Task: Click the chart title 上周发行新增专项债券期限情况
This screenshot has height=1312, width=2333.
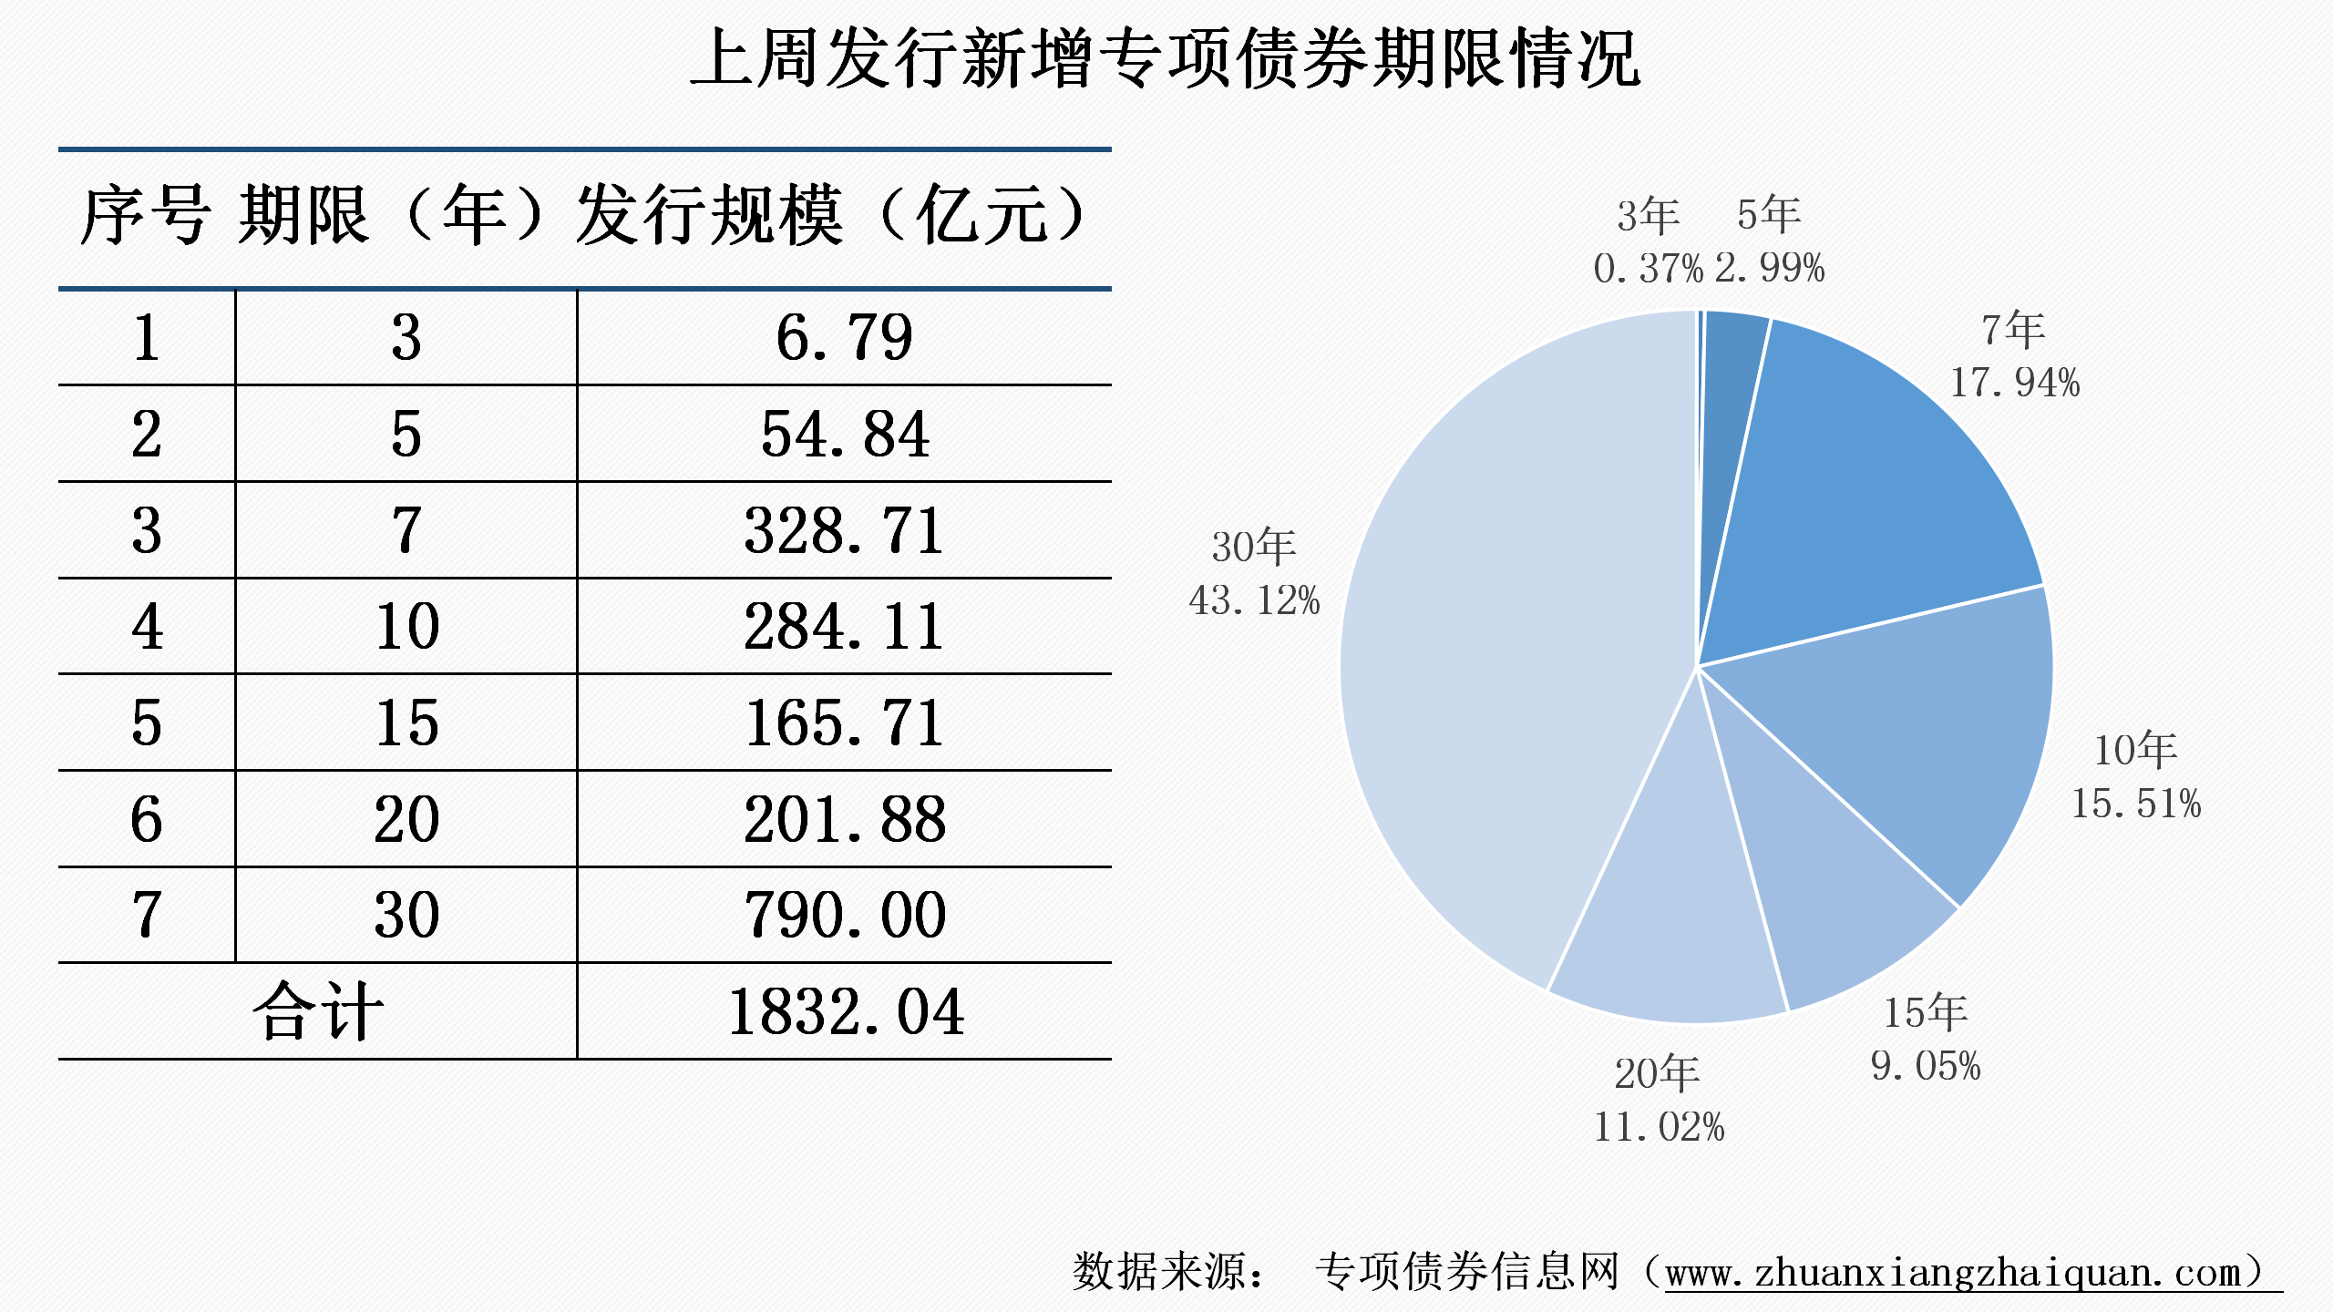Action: [1166, 59]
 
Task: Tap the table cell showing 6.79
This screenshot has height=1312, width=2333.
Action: [844, 338]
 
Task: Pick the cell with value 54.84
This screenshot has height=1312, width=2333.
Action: [844, 435]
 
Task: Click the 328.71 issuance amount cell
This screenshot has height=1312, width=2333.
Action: [844, 531]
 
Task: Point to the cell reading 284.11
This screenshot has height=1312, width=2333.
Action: [844, 628]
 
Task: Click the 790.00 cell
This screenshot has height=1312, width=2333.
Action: [844, 916]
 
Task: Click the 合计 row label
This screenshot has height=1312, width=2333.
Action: [317, 1012]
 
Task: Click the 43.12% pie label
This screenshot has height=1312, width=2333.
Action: [1254, 600]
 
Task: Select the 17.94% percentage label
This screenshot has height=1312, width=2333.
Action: [2015, 383]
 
